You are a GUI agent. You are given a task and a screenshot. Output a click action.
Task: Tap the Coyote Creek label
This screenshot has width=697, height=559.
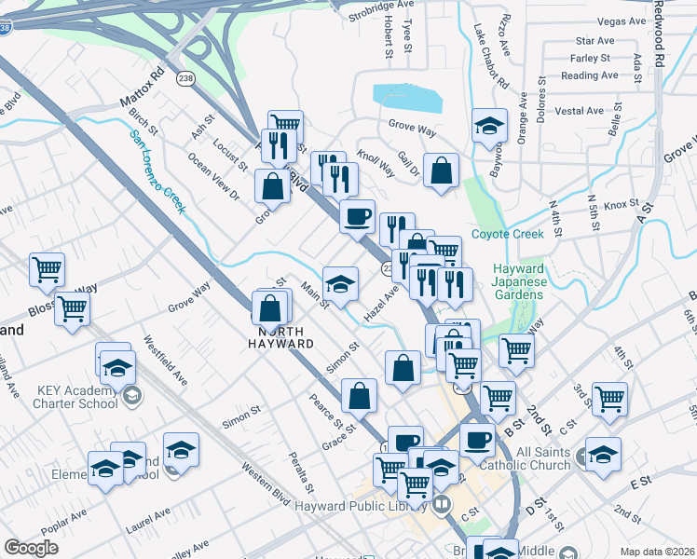506,234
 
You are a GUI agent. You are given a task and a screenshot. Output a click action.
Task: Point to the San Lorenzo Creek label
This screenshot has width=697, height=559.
157,170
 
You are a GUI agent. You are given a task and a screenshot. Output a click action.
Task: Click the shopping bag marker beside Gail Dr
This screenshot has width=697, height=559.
441,170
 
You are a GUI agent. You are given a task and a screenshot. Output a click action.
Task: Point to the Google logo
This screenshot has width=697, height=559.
31,548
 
